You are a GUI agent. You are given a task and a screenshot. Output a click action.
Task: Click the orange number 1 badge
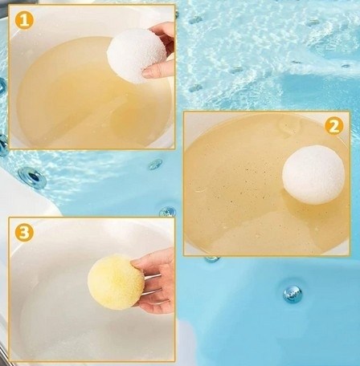pyautogui.click(x=24, y=20)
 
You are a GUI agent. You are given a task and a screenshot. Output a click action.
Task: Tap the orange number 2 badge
pyautogui.click(x=333, y=126)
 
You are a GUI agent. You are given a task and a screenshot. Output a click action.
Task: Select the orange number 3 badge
pyautogui.click(x=24, y=232)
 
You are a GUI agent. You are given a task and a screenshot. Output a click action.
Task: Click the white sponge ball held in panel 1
pyautogui.click(x=137, y=55)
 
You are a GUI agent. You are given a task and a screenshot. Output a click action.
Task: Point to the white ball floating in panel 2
pyautogui.click(x=313, y=175)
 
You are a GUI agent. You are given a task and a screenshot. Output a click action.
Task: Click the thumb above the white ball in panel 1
pyautogui.click(x=163, y=31)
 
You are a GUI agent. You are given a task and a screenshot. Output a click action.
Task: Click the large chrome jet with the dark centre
pyautogui.click(x=32, y=177)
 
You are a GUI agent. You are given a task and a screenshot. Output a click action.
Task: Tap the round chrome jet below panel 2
pyautogui.click(x=292, y=294)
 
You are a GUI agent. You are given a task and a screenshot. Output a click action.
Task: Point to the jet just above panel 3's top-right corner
pyautogui.click(x=168, y=211)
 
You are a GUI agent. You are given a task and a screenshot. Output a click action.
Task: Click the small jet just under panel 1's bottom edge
pyautogui.click(x=155, y=164)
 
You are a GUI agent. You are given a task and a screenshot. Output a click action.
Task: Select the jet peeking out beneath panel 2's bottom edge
pyautogui.click(x=212, y=258)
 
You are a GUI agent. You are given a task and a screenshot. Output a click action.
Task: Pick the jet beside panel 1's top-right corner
pyautogui.click(x=196, y=19)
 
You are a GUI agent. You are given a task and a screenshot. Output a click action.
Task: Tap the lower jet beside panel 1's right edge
pyautogui.click(x=196, y=87)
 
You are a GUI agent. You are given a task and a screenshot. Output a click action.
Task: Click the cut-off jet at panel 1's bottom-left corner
pyautogui.click(x=4, y=146)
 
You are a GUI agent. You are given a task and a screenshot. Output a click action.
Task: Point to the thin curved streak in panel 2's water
pyautogui.click(x=201, y=190)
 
